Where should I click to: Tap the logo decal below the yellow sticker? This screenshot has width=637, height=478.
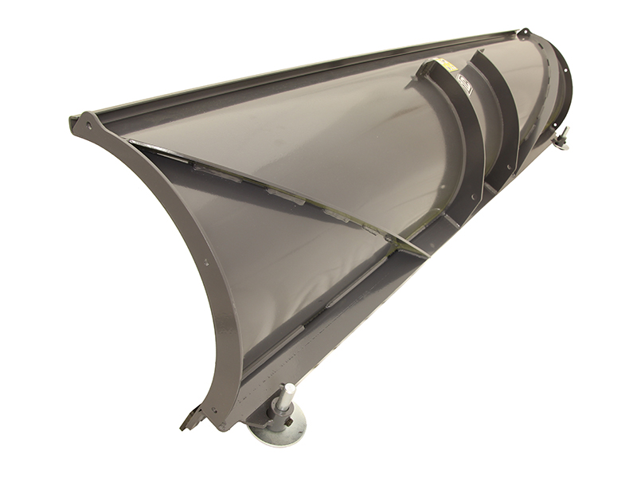(x=464, y=88)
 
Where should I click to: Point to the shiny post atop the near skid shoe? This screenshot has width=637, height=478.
(x=284, y=394)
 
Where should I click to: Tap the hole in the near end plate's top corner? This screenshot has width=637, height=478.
(x=87, y=125)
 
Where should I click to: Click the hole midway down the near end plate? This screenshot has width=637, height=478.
(x=206, y=261)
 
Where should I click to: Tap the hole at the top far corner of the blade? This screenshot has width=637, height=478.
(x=523, y=33)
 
